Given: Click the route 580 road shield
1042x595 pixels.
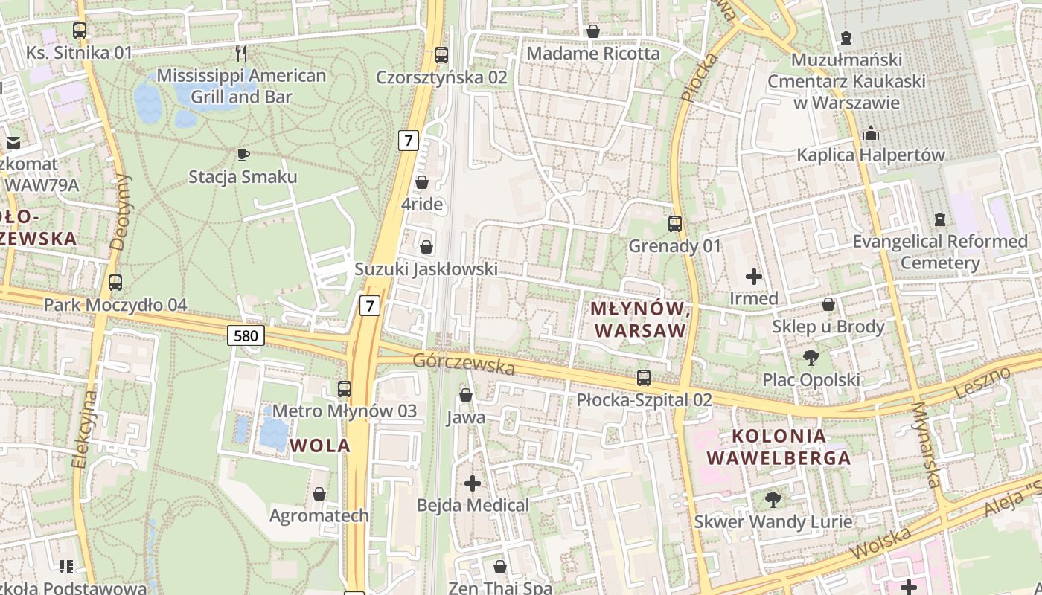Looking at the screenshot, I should tap(246, 336).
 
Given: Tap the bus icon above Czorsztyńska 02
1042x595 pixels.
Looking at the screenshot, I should tap(441, 54).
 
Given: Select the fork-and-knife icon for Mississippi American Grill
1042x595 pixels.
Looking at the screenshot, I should tap(241, 53).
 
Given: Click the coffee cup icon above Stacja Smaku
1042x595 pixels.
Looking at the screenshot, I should tap(243, 155).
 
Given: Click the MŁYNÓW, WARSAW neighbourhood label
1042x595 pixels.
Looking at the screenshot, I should tap(638, 319).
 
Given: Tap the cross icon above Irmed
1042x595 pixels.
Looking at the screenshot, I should tap(754, 277).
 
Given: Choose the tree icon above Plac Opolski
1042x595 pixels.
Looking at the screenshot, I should tap(811, 358).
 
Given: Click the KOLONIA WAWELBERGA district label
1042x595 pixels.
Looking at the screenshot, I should tap(779, 447).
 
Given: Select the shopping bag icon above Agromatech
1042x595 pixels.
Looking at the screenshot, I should tap(319, 494).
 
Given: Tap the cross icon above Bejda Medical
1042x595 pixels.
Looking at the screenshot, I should tap(473, 483).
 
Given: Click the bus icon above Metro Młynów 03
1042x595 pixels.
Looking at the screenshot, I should tap(345, 388).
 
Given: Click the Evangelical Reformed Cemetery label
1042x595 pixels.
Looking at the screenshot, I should tap(940, 252).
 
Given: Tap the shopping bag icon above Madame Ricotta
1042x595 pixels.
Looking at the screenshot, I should tap(593, 31).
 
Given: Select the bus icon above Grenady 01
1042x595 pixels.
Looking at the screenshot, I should tap(675, 223).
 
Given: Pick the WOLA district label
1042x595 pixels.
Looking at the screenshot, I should tap(319, 446).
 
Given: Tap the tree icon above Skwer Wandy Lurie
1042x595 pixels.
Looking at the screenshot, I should tap(773, 499).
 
